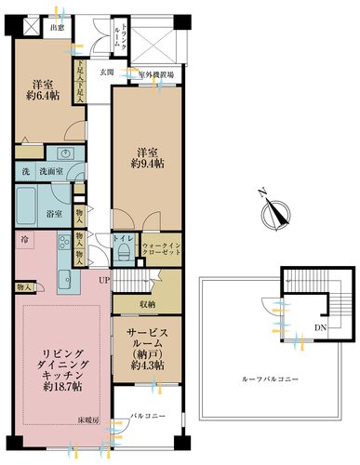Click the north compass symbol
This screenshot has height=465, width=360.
coord(272,213)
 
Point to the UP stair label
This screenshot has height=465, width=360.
coord(104,278)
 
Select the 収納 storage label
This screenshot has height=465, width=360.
coord(146,303)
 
